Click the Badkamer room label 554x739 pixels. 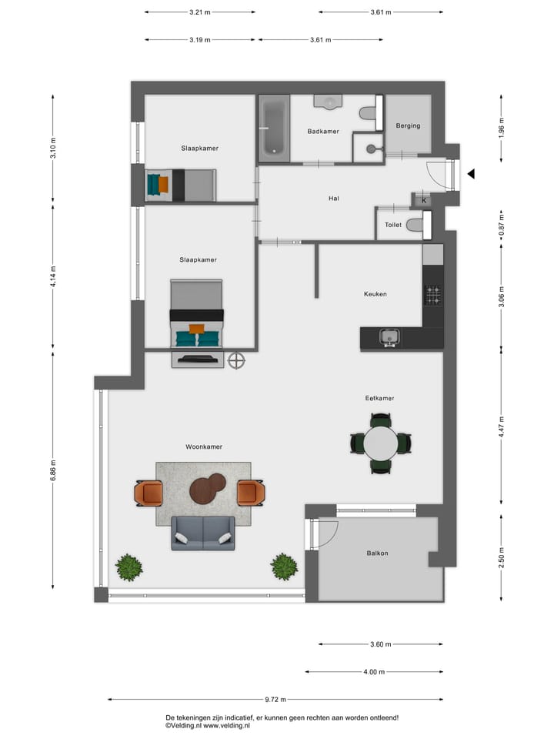coord(323,132)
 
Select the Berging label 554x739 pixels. coord(408,125)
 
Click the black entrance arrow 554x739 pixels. coord(472,174)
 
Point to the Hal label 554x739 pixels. coord(334,199)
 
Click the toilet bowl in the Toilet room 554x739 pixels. coord(415,225)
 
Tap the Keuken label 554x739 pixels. coord(375,294)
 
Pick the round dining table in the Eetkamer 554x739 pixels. coord(381,443)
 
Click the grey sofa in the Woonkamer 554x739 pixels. coord(203,533)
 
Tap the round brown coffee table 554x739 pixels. coord(206,489)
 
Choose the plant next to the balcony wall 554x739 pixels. coord(284,567)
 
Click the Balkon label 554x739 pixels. coord(377,553)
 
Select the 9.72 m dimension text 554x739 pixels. coord(275,700)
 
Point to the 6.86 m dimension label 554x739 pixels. coord(53,475)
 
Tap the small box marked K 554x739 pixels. coord(423,200)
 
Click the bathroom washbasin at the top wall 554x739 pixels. coord(329,101)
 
